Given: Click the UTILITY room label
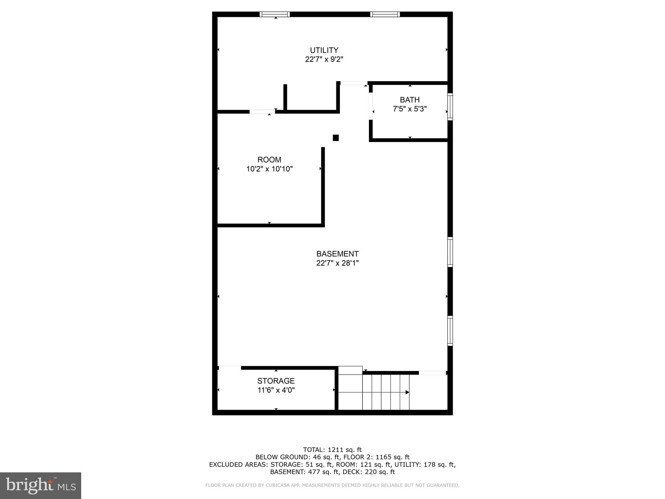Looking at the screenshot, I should click(x=324, y=50).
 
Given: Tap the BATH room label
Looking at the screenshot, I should click(x=409, y=100).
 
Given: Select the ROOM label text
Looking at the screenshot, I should click(x=269, y=160).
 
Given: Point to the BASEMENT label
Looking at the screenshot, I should click(x=337, y=254).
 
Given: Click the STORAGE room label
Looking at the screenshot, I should click(x=276, y=381).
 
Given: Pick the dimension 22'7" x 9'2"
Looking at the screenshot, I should click(x=324, y=59).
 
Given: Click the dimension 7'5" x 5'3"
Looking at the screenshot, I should click(x=409, y=109).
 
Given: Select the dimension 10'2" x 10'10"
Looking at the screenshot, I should click(x=270, y=169).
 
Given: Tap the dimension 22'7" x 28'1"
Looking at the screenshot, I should click(x=337, y=263).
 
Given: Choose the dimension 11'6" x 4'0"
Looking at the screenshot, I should click(x=276, y=390).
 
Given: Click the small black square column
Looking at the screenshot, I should click(x=336, y=138).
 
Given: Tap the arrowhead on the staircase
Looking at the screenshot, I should click(x=407, y=392).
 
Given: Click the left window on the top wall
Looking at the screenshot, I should click(x=275, y=14).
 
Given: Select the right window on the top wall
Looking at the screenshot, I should click(x=385, y=14).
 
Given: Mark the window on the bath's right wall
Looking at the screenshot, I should click(x=450, y=107).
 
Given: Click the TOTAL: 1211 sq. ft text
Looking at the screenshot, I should click(x=332, y=450).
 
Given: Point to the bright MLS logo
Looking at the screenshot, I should click(x=41, y=485).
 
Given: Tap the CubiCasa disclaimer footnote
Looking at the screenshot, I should click(x=332, y=485).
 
